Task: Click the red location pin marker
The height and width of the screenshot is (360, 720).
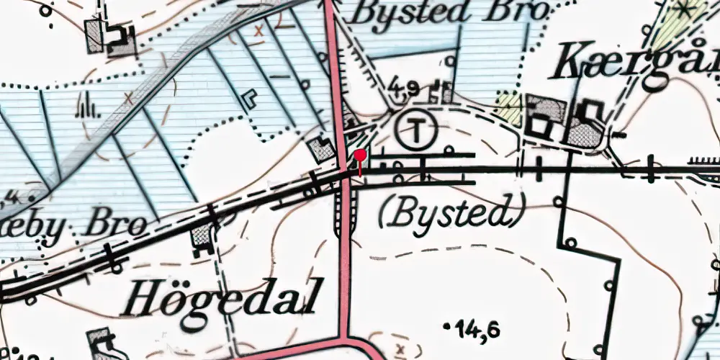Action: [361, 155]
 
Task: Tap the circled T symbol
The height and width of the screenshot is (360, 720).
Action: [415, 130]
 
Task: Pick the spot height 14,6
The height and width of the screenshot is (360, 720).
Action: [477, 330]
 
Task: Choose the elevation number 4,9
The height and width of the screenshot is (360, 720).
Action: [403, 88]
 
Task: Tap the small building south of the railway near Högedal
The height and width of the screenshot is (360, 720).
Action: [202, 235]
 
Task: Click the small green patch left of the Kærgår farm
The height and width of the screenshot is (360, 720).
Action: [510, 107]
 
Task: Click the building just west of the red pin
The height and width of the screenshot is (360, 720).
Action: [320, 150]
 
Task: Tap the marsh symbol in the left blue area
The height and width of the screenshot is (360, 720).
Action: [86, 109]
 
